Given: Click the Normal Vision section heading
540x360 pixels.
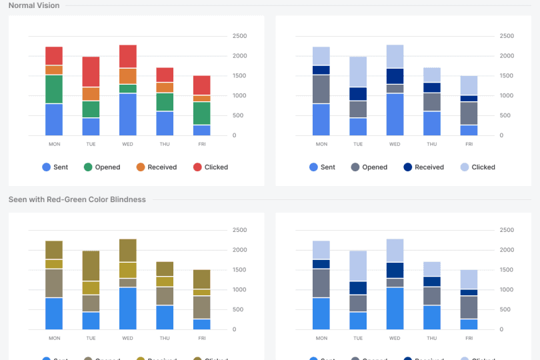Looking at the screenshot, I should tap(34, 5).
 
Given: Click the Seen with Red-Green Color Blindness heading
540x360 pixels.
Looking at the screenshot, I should tap(77, 199).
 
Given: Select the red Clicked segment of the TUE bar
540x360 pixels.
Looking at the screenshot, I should tap(91, 71).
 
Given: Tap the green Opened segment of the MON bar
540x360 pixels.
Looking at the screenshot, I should tap(54, 89).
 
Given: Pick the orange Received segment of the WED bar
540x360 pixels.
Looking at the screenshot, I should tap(128, 76).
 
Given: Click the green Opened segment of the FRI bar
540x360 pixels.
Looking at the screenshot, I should tap(202, 113).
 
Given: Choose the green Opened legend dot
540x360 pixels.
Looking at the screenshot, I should tap(88, 167).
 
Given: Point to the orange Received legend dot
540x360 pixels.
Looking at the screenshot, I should tap(141, 167).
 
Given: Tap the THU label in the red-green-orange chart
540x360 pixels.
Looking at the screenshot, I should tap(165, 144).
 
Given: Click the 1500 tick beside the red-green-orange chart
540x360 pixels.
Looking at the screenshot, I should tap(239, 76).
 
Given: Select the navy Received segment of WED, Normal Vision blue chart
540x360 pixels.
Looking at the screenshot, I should tap(395, 76).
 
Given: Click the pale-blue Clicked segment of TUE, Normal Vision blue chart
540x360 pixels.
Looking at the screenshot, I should tap(358, 71).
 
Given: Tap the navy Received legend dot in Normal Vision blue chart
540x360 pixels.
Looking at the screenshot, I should tap(408, 167).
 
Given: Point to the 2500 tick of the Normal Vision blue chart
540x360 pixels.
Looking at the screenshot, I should tap(507, 36).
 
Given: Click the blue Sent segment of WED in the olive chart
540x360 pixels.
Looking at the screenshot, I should tap(128, 308).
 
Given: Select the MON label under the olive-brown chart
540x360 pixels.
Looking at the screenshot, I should tap(54, 338).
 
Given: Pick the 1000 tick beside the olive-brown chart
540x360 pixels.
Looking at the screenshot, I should tap(239, 289).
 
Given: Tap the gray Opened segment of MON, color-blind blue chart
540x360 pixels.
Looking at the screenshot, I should tap(321, 283).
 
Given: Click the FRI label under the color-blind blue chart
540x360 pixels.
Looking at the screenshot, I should tap(469, 338).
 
